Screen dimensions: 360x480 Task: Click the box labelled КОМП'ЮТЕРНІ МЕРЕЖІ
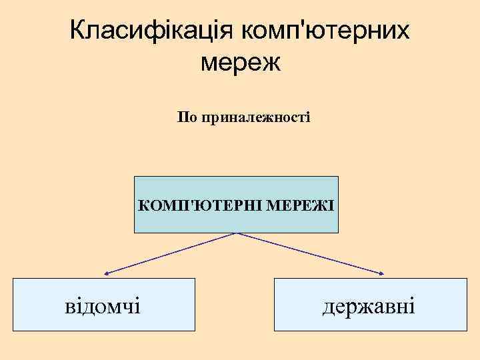coord(236,220)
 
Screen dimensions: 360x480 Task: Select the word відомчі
coord(103,306)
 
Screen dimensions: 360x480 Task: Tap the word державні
coord(369,306)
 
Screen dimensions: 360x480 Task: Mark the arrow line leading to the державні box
coord(312,253)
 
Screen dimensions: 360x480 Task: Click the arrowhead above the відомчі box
coord(107,273)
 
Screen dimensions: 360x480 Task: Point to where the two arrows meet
coord(237,233)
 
